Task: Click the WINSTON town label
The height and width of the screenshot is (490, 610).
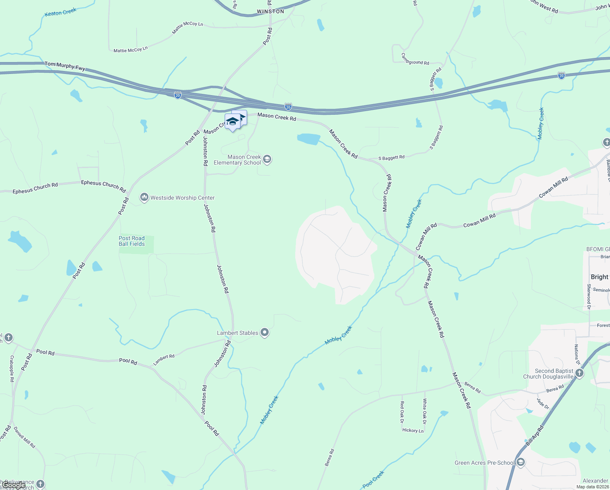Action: tap(270, 11)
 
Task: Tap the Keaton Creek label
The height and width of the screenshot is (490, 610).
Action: tap(60, 13)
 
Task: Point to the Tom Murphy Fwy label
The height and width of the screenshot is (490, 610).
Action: tap(65, 66)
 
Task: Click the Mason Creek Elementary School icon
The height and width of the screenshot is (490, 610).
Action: tap(267, 159)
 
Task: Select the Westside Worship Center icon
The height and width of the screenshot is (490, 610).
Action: tap(144, 198)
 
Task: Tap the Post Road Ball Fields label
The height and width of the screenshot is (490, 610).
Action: tap(132, 241)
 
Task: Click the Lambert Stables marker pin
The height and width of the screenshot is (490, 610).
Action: tap(265, 333)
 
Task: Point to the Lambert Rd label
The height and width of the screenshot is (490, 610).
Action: tap(164, 359)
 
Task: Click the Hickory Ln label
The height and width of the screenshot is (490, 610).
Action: tap(413, 430)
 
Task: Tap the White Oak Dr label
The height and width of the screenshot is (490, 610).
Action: tap(424, 412)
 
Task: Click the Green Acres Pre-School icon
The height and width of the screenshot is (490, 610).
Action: tap(520, 463)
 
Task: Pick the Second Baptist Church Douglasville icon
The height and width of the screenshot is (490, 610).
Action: tap(579, 373)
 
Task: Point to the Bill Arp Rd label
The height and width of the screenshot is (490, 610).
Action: tap(535, 435)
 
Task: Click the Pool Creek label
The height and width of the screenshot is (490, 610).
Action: tap(373, 479)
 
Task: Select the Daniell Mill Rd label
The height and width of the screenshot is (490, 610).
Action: tap(24, 437)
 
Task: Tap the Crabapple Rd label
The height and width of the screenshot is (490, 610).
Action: tap(12, 368)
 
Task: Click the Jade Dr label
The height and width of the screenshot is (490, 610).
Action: tap(543, 403)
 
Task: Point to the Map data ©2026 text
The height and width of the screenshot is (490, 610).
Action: tap(592, 487)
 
